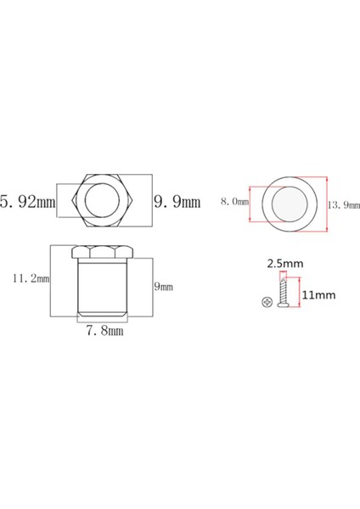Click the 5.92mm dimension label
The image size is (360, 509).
(26, 202)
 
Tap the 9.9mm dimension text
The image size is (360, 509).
(176, 202)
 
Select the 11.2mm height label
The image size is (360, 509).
(27, 277)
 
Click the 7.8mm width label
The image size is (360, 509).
(104, 332)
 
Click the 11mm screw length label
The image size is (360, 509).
(318, 296)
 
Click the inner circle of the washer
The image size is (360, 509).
(289, 204)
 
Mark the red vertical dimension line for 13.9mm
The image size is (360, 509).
(328, 204)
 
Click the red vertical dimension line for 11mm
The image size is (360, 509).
(300, 297)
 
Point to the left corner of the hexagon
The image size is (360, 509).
(74, 202)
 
